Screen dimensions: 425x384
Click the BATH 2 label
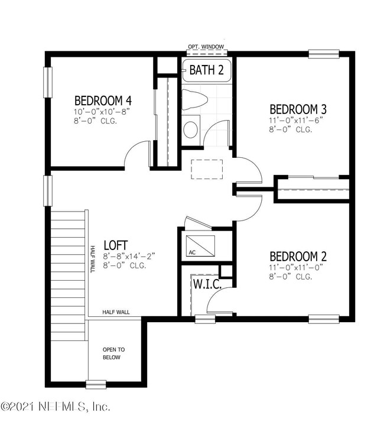206,70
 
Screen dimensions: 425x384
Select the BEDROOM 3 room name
298,109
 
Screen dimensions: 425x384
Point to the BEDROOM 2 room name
298,257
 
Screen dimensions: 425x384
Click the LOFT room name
116,245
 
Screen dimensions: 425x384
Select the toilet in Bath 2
193,100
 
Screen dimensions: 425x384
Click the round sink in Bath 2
191,129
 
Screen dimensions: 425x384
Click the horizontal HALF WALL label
116,312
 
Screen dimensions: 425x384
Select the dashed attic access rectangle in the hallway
207,168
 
